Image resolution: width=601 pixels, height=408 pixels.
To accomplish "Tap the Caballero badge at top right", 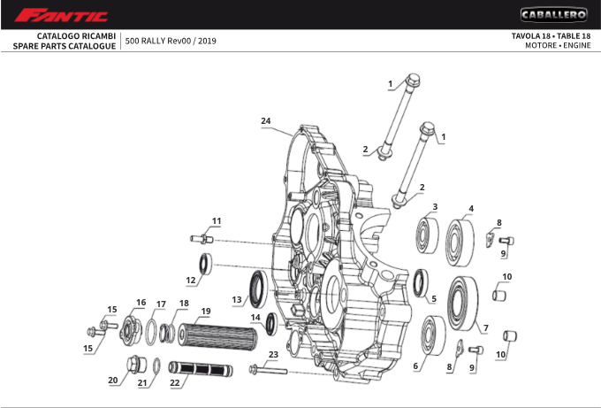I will click(553, 14).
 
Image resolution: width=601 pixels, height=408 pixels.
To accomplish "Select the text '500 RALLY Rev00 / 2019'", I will click(171, 41).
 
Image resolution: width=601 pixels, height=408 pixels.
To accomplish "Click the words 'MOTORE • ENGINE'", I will click(558, 45).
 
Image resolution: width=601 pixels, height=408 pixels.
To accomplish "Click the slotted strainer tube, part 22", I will click(202, 368).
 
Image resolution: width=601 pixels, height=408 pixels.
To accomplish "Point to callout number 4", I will click(471, 208).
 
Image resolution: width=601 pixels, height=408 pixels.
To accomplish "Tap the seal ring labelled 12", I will click(204, 263).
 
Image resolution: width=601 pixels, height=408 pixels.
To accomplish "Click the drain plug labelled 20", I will click(136, 363).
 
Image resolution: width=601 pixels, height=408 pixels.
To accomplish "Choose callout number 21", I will click(141, 383).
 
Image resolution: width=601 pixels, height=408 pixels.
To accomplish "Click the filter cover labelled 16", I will click(134, 327).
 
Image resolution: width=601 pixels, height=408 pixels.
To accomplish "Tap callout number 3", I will click(434, 206).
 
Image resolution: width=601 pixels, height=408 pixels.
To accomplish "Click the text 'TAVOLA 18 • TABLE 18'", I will click(551, 35).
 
